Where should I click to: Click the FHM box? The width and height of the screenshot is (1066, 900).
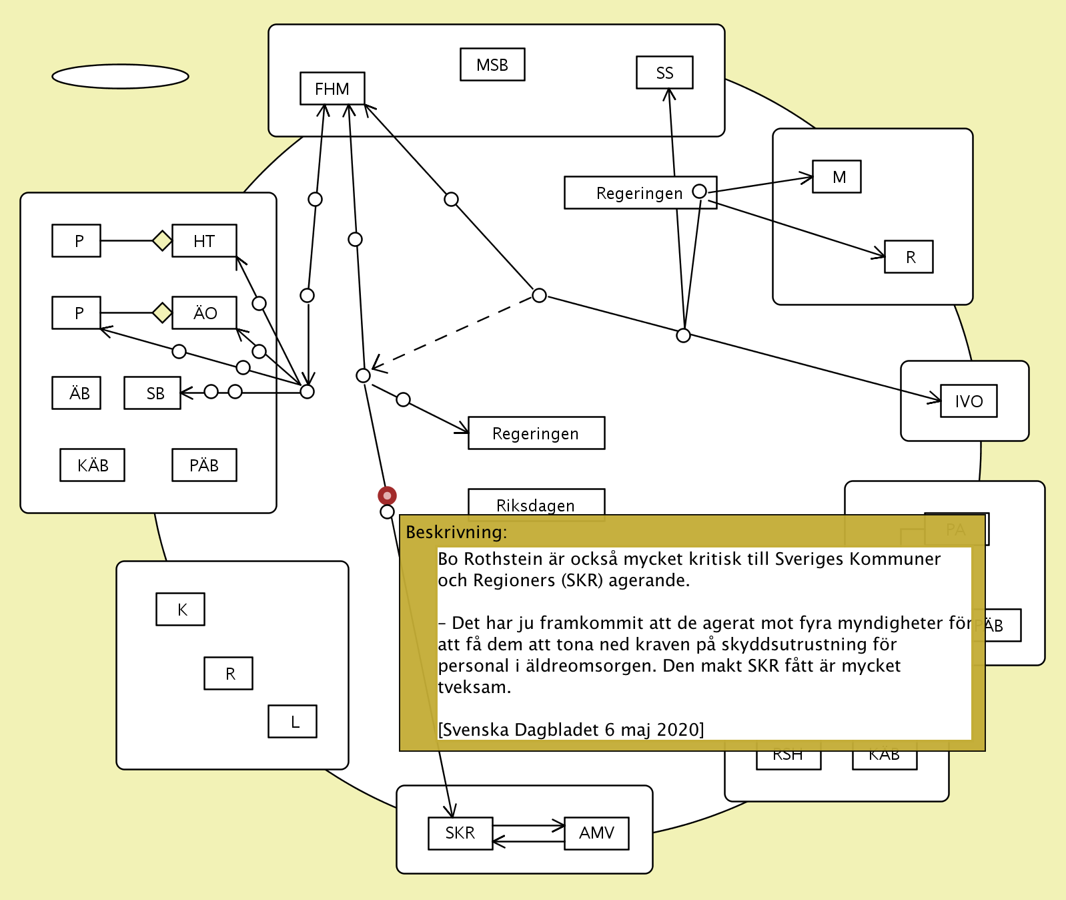click(x=332, y=88)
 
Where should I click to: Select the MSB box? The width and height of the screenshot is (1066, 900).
click(x=492, y=65)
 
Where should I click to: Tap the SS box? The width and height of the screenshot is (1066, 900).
click(x=664, y=73)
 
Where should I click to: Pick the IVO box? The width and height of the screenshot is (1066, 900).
click(x=969, y=401)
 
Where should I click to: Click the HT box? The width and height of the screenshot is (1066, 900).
click(x=204, y=241)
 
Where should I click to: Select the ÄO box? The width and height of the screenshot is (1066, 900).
click(x=204, y=313)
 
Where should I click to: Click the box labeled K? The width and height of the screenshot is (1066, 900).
click(x=180, y=610)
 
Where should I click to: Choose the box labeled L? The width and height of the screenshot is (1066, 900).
click(x=292, y=722)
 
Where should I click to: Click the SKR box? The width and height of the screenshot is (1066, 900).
click(x=460, y=833)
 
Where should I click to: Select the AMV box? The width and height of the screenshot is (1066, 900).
click(x=596, y=833)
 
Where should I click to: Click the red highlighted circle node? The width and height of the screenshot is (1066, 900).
click(x=387, y=495)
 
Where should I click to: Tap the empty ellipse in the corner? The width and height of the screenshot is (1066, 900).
click(x=120, y=76)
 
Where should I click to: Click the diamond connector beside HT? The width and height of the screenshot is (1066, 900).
click(x=162, y=240)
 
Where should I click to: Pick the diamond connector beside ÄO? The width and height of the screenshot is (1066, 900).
click(x=162, y=312)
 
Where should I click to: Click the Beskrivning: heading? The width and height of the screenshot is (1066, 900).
click(x=456, y=532)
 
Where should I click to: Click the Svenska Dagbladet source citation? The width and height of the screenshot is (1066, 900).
click(x=571, y=730)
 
